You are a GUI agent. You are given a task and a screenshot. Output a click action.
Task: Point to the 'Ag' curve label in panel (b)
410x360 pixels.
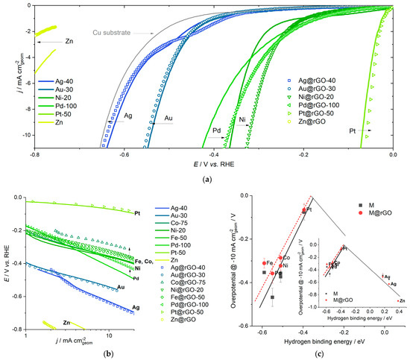(x=136, y=307)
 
